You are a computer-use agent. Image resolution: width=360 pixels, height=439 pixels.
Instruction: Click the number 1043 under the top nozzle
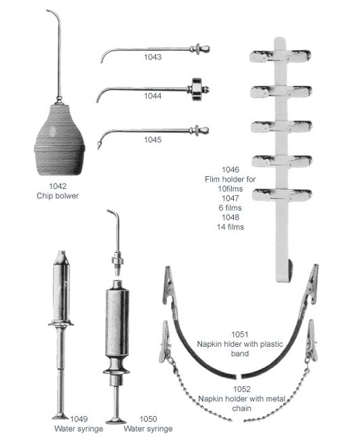coord(153,57)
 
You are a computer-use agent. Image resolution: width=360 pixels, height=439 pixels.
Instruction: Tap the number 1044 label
coord(153,96)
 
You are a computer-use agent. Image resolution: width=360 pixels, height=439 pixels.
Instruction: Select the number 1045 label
coord(153,140)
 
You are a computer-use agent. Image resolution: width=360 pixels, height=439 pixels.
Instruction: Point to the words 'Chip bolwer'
coord(58,196)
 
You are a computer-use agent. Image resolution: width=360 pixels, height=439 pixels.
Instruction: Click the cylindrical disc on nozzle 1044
coord(197,89)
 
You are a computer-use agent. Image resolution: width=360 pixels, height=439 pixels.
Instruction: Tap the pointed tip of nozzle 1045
coord(98,146)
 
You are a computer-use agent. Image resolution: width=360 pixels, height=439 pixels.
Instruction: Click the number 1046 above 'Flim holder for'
coord(231,169)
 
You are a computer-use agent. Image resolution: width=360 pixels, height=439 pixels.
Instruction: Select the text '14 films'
coord(231,227)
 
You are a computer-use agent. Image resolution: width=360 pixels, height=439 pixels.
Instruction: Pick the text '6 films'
coord(231,208)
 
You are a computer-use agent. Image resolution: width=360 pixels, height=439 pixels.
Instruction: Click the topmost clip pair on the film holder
coord(281,56)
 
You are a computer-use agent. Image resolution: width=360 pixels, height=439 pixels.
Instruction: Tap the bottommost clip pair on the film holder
coord(282,194)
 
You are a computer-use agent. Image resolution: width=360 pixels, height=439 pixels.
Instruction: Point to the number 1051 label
coord(240,334)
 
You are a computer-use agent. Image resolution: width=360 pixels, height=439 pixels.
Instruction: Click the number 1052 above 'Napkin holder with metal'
coord(242,389)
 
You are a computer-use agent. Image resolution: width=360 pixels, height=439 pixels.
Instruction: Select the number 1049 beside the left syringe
coord(79,419)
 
